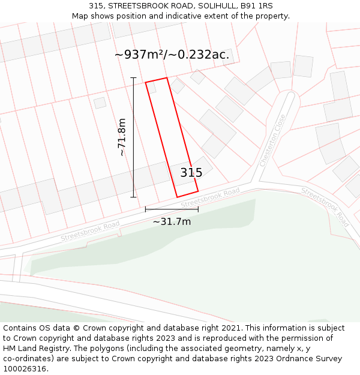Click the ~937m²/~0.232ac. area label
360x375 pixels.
coord(172,55)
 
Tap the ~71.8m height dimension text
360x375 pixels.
coord(122,137)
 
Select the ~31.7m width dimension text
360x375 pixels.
coord(172,222)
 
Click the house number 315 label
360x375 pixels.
coord(191,173)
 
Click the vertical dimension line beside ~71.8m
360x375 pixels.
coord(133,137)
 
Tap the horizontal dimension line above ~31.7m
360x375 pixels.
coord(172,209)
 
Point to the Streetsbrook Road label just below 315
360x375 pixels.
coord(210,199)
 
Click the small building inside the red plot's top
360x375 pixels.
coord(152,88)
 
